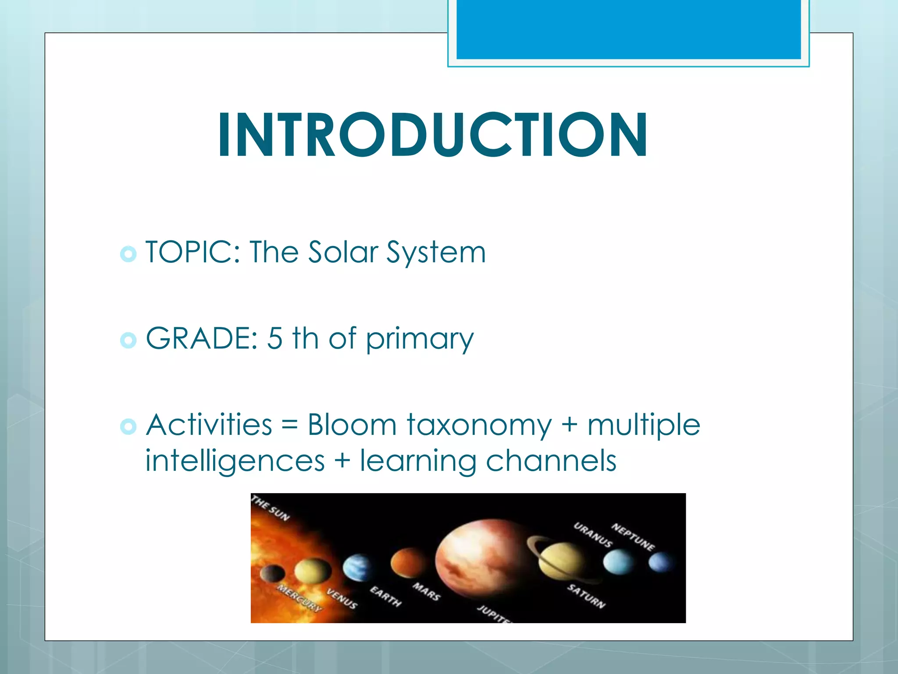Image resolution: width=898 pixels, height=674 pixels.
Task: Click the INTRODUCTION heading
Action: point(432,135)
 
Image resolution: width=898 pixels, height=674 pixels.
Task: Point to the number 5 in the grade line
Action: point(274,339)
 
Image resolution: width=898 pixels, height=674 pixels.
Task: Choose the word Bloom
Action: point(352,425)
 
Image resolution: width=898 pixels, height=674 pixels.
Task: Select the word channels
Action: point(551,461)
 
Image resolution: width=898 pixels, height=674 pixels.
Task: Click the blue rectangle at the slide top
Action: point(628,29)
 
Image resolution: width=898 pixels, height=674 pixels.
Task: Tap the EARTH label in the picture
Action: point(385,596)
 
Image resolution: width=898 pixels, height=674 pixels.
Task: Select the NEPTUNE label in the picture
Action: point(633,537)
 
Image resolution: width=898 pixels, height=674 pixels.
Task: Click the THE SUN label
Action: point(271,508)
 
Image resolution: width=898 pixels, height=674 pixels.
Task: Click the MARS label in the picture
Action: point(426,592)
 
